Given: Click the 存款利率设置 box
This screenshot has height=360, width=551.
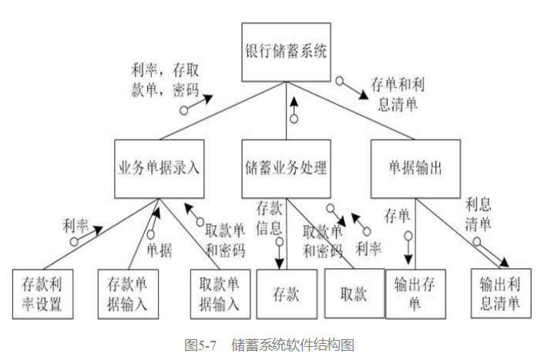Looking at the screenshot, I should point(43,293).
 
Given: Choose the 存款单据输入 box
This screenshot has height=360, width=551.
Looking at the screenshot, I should point(128,293).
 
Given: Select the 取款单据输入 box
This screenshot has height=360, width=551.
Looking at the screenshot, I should point(220,293).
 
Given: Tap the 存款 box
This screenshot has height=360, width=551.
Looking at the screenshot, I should point(286,293).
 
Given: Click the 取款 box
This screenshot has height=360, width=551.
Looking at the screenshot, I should point(354,293).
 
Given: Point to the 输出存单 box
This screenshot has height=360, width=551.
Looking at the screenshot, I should point(416,293).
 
